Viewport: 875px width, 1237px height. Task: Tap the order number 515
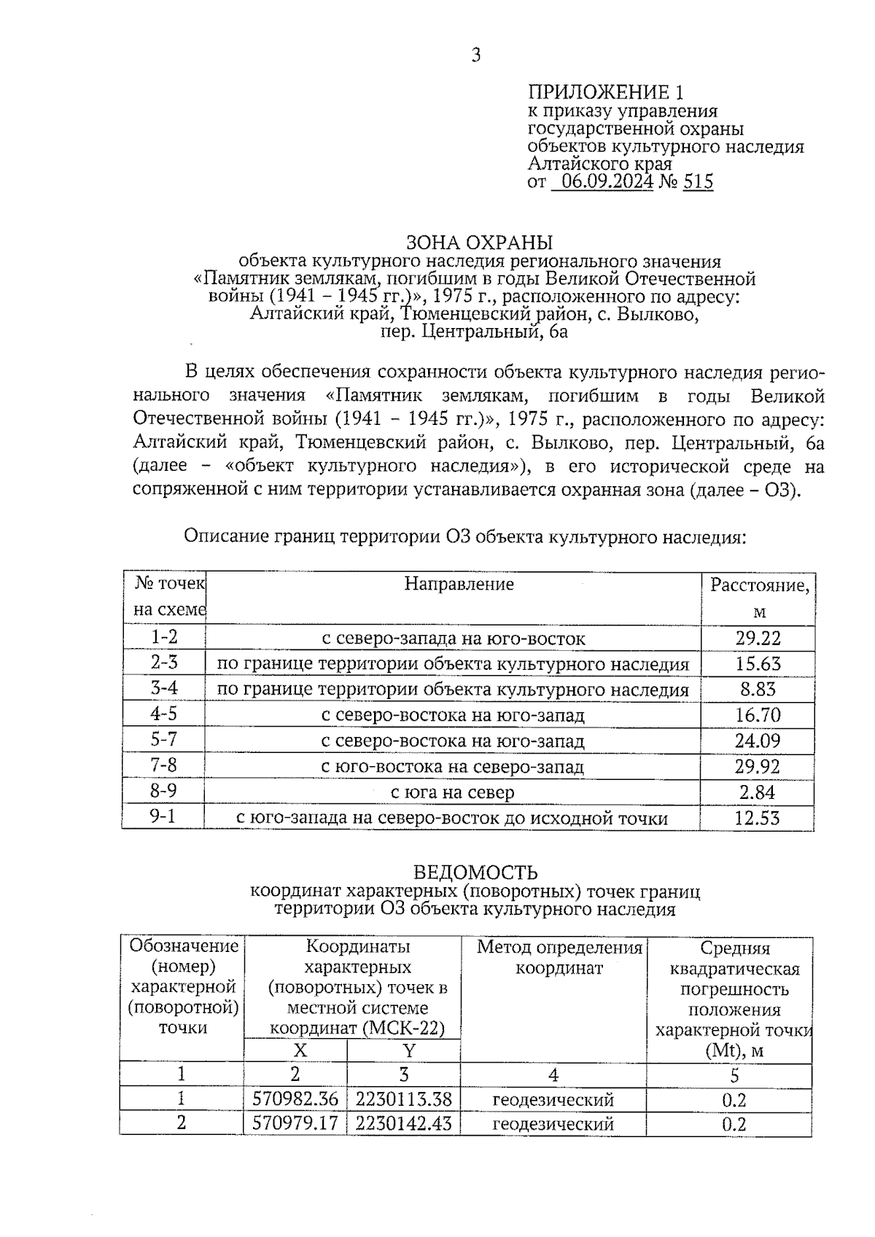pyautogui.click(x=698, y=182)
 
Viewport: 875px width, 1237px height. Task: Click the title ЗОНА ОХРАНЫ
pyautogui.click(x=479, y=243)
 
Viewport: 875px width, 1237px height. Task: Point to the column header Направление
pyautogui.click(x=459, y=585)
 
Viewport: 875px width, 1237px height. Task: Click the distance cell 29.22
pyautogui.click(x=758, y=639)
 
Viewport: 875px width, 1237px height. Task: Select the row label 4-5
pyautogui.click(x=163, y=714)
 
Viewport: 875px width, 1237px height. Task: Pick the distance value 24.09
pyautogui.click(x=758, y=741)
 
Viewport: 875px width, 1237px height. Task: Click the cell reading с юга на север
pyautogui.click(x=453, y=792)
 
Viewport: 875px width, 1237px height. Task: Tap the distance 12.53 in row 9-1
pyautogui.click(x=757, y=819)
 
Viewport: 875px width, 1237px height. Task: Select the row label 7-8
pyautogui.click(x=163, y=766)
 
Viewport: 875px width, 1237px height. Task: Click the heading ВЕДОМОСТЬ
pyautogui.click(x=475, y=873)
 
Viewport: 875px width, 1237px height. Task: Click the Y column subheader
pyautogui.click(x=408, y=1050)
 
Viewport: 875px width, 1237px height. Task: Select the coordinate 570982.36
pyautogui.click(x=295, y=1099)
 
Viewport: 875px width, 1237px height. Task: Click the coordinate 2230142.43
pyautogui.click(x=404, y=1123)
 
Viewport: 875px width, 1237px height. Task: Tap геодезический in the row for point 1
pyautogui.click(x=553, y=1100)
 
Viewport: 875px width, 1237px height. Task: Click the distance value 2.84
pyautogui.click(x=757, y=792)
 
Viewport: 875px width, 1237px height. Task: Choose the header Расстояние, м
pyautogui.click(x=759, y=598)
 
